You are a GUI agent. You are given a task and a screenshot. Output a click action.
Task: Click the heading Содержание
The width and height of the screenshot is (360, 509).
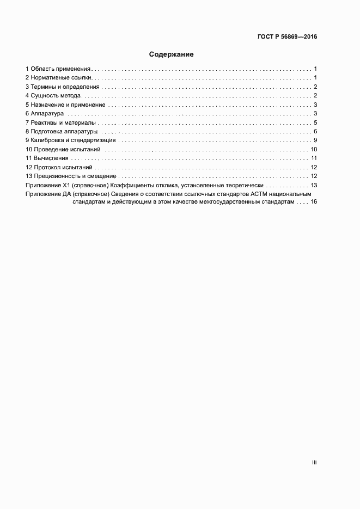172,54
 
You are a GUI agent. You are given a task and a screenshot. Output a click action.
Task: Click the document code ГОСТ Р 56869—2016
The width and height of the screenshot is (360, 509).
287,37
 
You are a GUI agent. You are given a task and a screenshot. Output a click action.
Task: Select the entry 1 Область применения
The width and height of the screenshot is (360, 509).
58,69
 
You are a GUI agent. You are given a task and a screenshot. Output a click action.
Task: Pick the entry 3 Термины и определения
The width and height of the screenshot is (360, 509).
63,87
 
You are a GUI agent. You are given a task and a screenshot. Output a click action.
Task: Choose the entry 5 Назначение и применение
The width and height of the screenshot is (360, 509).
65,105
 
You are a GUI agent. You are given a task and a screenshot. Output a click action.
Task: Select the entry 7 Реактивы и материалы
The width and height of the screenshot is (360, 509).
60,122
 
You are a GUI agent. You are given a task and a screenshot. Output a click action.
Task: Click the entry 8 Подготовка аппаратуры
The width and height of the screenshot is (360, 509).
62,131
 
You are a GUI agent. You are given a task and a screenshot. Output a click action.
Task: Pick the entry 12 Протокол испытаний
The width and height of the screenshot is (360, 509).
59,167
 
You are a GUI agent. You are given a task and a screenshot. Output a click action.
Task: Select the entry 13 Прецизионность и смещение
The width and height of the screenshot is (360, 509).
71,176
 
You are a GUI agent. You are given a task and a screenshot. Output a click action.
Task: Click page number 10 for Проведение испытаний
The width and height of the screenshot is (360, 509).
314,149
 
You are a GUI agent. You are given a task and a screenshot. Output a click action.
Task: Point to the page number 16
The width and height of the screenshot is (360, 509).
314,201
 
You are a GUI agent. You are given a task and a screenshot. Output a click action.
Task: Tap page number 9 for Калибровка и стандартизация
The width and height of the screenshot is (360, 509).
315,140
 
